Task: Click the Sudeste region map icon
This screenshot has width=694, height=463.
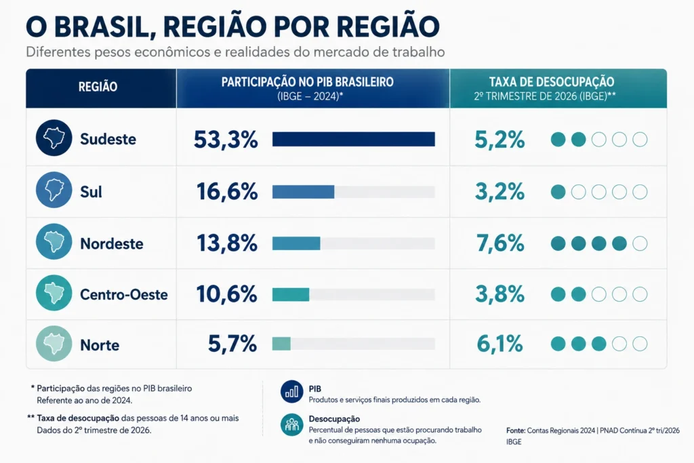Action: point(54,138)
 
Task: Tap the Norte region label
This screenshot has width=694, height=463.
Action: point(100,345)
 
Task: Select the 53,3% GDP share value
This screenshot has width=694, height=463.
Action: point(226,140)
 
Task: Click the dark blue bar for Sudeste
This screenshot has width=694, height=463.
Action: point(354,139)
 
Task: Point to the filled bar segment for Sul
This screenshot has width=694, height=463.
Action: point(303,192)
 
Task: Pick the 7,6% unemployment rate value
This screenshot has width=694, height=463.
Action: point(500,243)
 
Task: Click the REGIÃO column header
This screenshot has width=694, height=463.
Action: point(98,87)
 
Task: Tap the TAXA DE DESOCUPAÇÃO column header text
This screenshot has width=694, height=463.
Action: point(552,82)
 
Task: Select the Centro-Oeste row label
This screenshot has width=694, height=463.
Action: point(124,294)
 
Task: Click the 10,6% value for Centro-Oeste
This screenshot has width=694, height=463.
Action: point(226,294)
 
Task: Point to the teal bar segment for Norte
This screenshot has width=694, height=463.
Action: point(281,344)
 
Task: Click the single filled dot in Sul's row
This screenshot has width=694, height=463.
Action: point(558,192)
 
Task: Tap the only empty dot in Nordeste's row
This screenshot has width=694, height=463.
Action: point(640,243)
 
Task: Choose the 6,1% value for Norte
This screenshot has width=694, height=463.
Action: point(500,344)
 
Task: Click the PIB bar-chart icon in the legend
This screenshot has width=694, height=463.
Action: point(291,392)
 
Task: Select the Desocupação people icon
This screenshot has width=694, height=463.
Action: point(291,424)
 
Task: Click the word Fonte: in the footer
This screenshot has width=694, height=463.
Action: point(516,430)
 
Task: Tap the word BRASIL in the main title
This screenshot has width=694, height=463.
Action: point(104,26)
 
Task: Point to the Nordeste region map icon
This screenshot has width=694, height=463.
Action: point(54,241)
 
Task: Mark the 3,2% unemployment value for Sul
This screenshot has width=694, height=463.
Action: point(500,192)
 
